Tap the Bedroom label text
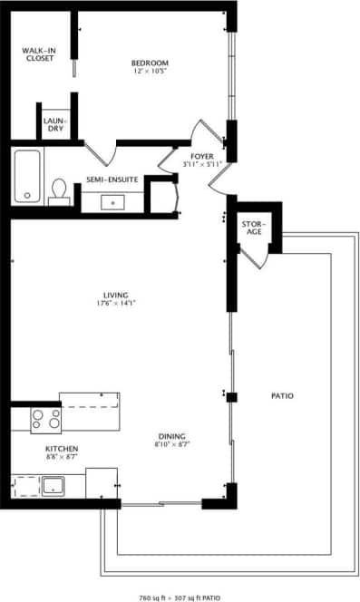(151, 63)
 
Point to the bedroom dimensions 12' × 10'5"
(151, 71)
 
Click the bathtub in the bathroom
(27, 176)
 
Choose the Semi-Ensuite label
(112, 180)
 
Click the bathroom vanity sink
(114, 201)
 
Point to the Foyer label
(202, 156)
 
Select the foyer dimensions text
(202, 164)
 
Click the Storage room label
(252, 228)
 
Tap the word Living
(115, 295)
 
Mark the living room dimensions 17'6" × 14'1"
(115, 304)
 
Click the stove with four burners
(46, 419)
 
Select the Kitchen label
(62, 449)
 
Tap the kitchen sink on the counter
(51, 484)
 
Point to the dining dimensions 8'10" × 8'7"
(170, 443)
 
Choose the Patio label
(282, 396)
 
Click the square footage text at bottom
(180, 597)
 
